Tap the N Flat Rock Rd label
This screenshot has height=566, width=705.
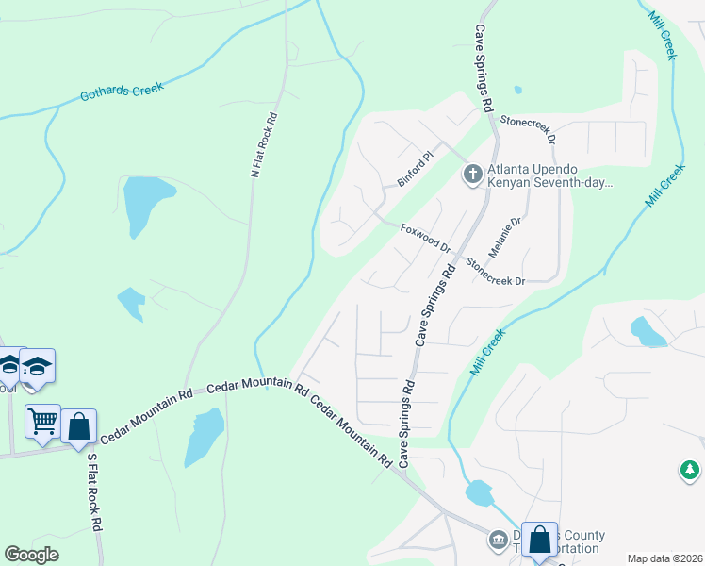264,146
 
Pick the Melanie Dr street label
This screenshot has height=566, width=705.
504,240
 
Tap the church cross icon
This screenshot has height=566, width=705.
471,174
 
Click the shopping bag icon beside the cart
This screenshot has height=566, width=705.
79,425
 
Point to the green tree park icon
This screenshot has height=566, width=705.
690,469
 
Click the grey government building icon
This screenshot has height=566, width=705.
497,540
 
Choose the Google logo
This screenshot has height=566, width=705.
31,555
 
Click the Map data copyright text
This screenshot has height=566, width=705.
664,558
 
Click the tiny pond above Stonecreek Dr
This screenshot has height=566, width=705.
517,91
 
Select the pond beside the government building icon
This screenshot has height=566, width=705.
479,492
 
